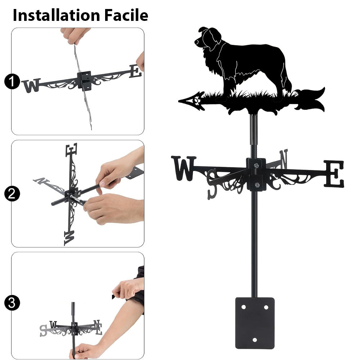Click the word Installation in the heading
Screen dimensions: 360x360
pyautogui.click(x=57, y=15)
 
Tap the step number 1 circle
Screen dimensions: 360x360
pyautogui.click(x=12, y=81)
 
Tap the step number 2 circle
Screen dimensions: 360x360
pyautogui.click(x=12, y=194)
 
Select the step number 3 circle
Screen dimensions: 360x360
pyautogui.click(x=12, y=303)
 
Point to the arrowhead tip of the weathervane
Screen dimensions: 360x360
pyautogui.click(x=179, y=101)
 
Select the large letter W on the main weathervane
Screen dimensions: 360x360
pyautogui.click(x=184, y=168)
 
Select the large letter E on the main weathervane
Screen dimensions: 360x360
pyautogui.click(x=334, y=174)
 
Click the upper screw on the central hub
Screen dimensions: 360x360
pyautogui.click(x=256, y=165)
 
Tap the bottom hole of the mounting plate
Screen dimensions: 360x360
pyautogui.click(x=255, y=340)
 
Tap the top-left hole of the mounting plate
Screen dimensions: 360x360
pyautogui.click(x=244, y=307)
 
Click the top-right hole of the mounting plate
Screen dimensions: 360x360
pyautogui.click(x=266, y=307)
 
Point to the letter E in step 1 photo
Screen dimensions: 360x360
pyautogui.click(x=135, y=71)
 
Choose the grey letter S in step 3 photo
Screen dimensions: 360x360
pyautogui.click(x=44, y=330)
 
